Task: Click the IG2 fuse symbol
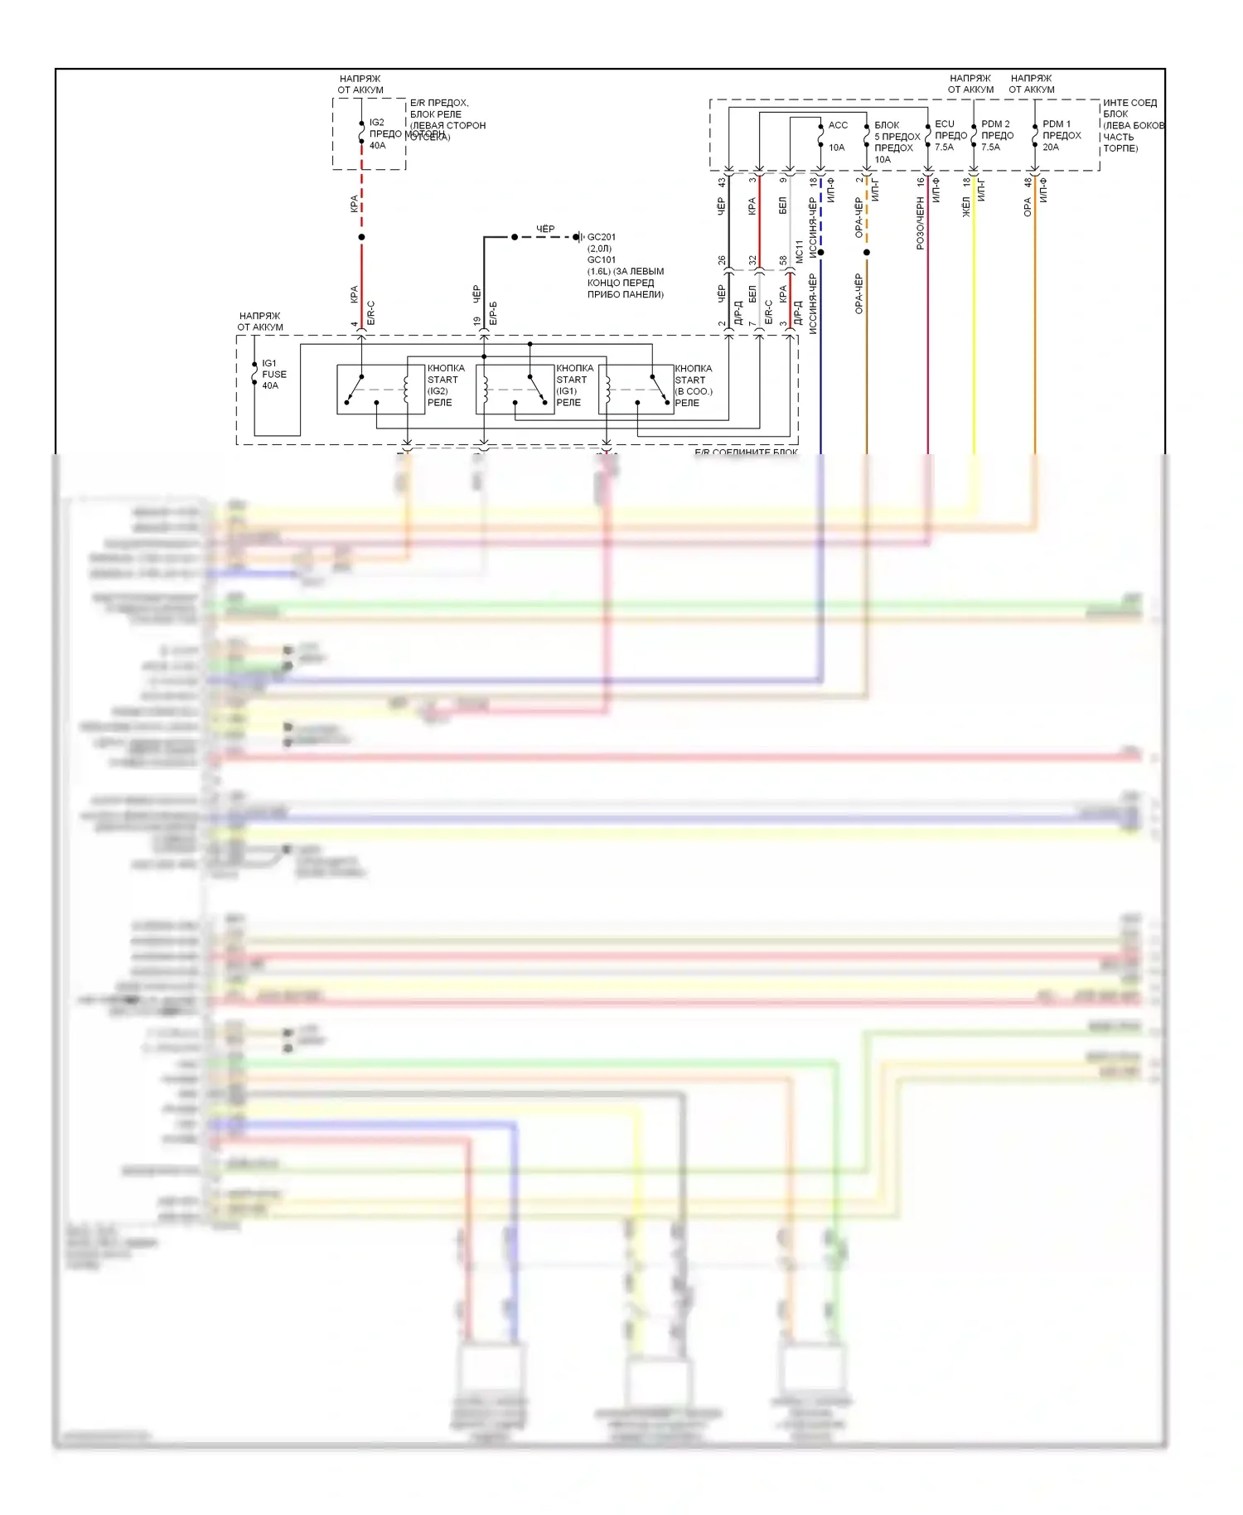pyautogui.click(x=361, y=133)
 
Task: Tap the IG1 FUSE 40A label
pyautogui.click(x=273, y=375)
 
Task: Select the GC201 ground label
pyautogui.click(x=601, y=237)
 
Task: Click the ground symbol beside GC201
pyautogui.click(x=579, y=237)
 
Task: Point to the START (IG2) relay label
pyautogui.click(x=446, y=385)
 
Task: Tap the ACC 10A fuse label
pyautogui.click(x=838, y=136)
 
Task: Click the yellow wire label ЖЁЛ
pyautogui.click(x=966, y=207)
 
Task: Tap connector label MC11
pyautogui.click(x=800, y=252)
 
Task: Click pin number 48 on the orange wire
pyautogui.click(x=1028, y=182)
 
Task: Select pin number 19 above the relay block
pyautogui.click(x=477, y=322)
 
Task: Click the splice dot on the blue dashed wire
pyautogui.click(x=820, y=252)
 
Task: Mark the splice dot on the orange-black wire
pyautogui.click(x=867, y=252)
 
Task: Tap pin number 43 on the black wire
pyautogui.click(x=722, y=182)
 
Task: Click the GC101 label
pyautogui.click(x=601, y=260)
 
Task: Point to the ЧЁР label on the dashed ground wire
pyautogui.click(x=545, y=229)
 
